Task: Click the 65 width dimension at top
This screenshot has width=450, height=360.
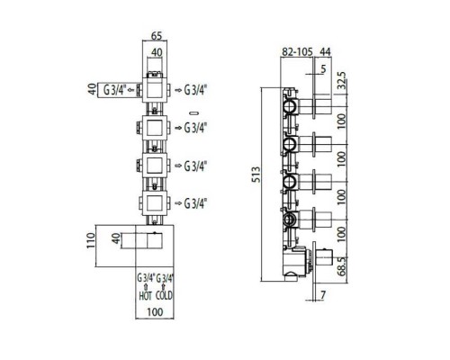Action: pos(157,36)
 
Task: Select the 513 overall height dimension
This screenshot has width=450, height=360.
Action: pos(256,175)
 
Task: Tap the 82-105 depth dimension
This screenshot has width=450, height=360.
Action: pos(297,52)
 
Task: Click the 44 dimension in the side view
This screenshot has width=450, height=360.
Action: pos(325,52)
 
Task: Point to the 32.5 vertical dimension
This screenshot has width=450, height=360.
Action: pos(342,80)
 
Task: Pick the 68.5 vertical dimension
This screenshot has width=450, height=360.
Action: pos(342,266)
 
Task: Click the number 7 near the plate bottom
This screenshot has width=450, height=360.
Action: pos(322,295)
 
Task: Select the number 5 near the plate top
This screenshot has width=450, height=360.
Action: pos(323,69)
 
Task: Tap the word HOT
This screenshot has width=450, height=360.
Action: pos(145,296)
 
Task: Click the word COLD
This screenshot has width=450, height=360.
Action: pos(164,296)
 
